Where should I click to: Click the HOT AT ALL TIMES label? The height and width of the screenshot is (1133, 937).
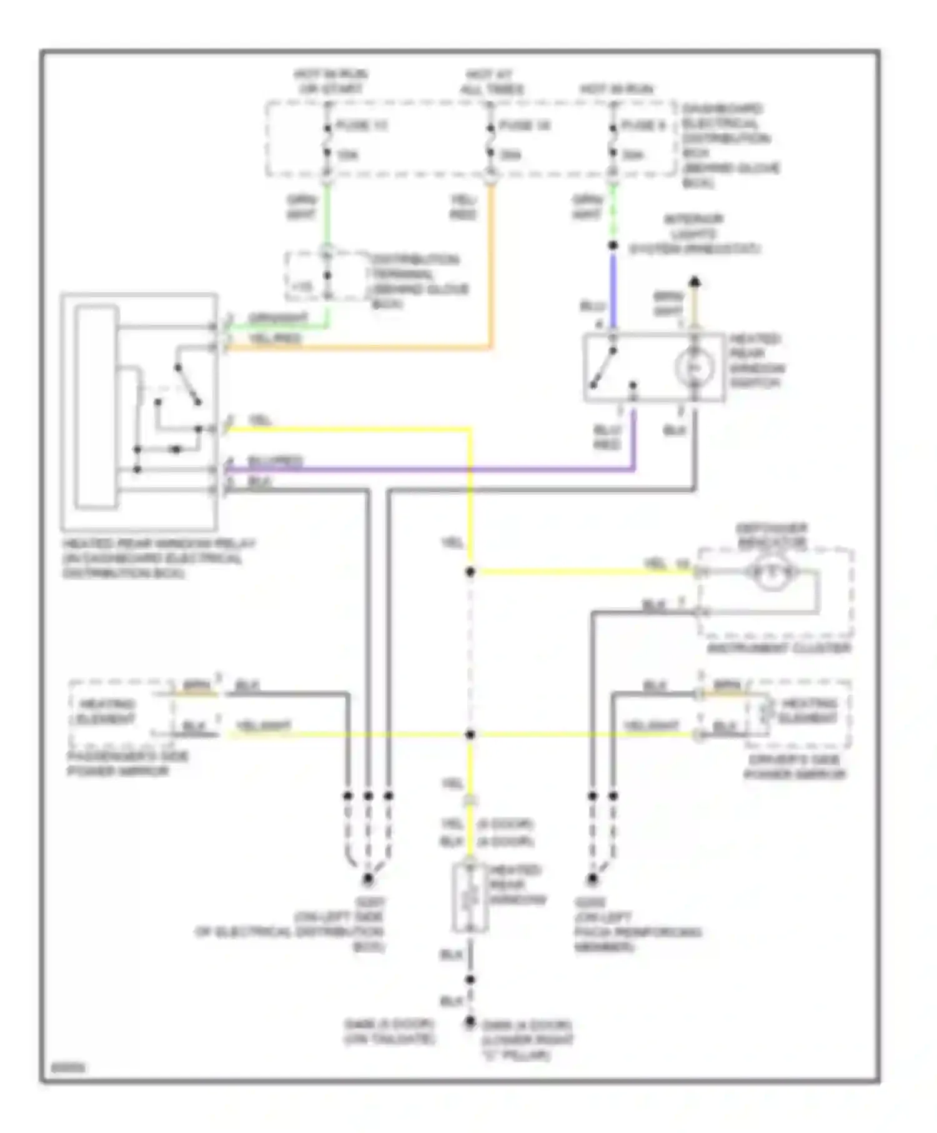[492, 82]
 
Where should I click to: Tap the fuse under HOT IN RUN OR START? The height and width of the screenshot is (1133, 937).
[327, 141]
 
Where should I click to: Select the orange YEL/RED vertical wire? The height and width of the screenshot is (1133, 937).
[492, 262]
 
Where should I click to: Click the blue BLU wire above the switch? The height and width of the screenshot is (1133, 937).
[613, 290]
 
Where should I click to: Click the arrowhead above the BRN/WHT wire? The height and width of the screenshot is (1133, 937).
[695, 282]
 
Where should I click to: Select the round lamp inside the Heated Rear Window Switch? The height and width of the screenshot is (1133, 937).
[695, 367]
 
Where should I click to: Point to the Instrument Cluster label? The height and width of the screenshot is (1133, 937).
[778, 648]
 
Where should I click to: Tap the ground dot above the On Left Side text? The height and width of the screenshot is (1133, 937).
[368, 879]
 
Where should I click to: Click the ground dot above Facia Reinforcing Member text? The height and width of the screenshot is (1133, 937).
[592, 879]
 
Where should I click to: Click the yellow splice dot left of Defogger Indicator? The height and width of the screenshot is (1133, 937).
[470, 572]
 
